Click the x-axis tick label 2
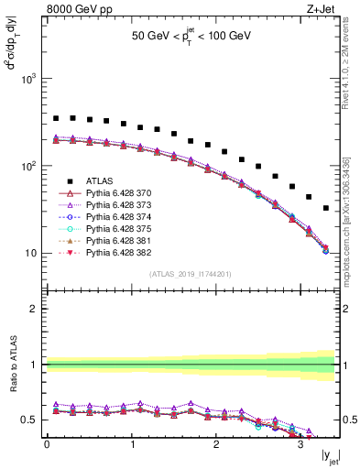pyautogui.click(x=215, y=443)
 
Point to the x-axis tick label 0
pyautogui.click(x=47, y=443)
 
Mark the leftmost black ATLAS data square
pyautogui.click(x=56, y=118)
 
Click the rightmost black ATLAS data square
pyautogui.click(x=326, y=209)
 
